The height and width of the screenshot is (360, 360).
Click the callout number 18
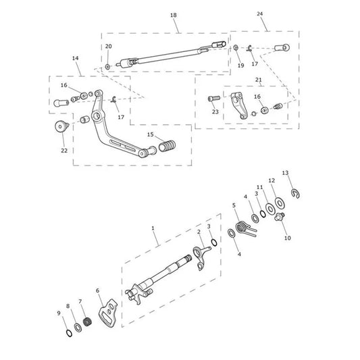click(x=174, y=15)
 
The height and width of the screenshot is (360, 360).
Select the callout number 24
click(x=259, y=14)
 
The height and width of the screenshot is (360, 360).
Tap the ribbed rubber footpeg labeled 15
click(x=167, y=146)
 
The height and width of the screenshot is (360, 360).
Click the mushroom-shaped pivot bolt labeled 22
click(x=61, y=126)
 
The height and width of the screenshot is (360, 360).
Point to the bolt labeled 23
click(x=214, y=99)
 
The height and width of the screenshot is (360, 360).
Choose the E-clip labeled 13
click(x=296, y=193)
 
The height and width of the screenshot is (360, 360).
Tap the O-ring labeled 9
click(x=69, y=333)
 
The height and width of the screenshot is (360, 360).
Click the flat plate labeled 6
click(x=108, y=312)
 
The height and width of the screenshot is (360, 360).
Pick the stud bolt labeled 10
click(x=280, y=216)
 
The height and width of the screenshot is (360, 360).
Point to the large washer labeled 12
click(x=280, y=203)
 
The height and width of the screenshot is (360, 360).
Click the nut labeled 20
click(x=107, y=67)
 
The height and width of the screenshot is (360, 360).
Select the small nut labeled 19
click(x=236, y=48)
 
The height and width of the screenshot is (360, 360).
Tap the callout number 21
click(x=259, y=80)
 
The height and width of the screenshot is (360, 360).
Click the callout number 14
click(x=75, y=58)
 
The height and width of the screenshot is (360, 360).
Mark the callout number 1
click(x=153, y=228)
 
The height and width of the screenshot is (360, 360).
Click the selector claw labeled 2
click(x=201, y=257)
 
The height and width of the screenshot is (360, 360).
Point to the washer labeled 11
click(x=270, y=209)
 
